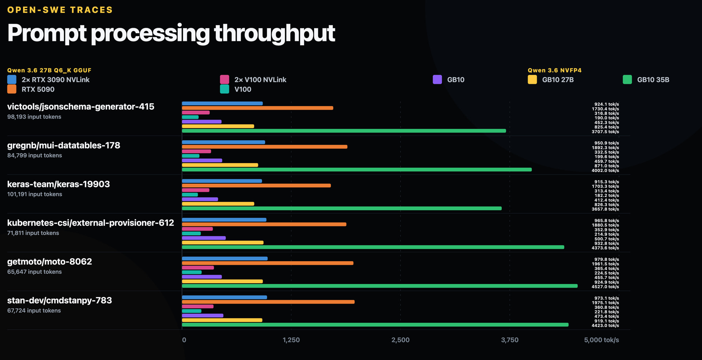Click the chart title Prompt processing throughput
(x=171, y=33)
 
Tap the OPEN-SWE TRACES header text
(x=60, y=10)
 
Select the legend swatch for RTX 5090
(x=12, y=89)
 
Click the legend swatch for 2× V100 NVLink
(x=224, y=79)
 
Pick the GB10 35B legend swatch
(x=627, y=79)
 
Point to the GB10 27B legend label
(x=558, y=80)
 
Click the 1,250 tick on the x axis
(x=291, y=340)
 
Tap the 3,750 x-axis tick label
(x=510, y=340)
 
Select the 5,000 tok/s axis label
(x=601, y=340)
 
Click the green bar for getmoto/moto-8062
(x=380, y=286)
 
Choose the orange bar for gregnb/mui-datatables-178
(x=265, y=147)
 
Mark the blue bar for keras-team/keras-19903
(x=222, y=181)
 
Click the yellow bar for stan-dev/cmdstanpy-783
(x=222, y=320)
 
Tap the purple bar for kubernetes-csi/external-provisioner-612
(x=204, y=238)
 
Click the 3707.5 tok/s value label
(x=605, y=132)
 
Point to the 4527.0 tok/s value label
(x=605, y=287)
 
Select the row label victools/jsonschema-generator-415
(x=81, y=107)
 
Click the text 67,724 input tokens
(x=34, y=311)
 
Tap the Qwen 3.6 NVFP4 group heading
(x=555, y=70)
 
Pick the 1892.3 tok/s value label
(x=605, y=148)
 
